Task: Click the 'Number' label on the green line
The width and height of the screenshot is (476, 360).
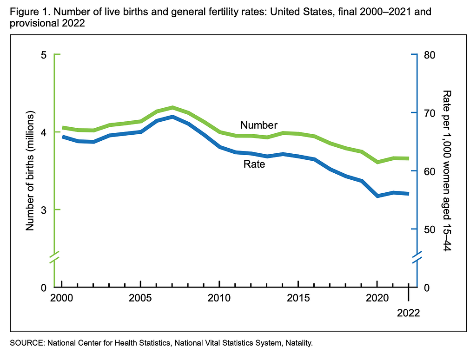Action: [x=258, y=125]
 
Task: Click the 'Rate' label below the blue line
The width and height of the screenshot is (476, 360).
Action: [x=254, y=164]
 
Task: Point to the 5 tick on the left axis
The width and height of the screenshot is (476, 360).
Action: [x=44, y=55]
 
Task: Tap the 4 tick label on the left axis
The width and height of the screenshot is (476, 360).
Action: [x=44, y=132]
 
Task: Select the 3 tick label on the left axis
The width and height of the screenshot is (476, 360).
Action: [x=44, y=210]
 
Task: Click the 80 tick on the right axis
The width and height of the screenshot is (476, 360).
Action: [x=429, y=55]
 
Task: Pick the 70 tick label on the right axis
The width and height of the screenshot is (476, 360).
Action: [x=429, y=113]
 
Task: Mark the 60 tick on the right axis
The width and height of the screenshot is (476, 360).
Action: [x=429, y=171]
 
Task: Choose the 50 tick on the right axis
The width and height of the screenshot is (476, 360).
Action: [x=429, y=229]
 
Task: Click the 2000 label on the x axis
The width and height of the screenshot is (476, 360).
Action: [x=62, y=298]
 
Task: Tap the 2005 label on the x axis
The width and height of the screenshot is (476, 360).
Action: [x=140, y=298]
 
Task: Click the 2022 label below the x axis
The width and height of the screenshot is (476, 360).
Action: [x=408, y=313]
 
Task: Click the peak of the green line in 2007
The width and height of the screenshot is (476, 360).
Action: [x=172, y=108]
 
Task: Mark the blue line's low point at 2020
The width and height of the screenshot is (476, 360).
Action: [x=377, y=196]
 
